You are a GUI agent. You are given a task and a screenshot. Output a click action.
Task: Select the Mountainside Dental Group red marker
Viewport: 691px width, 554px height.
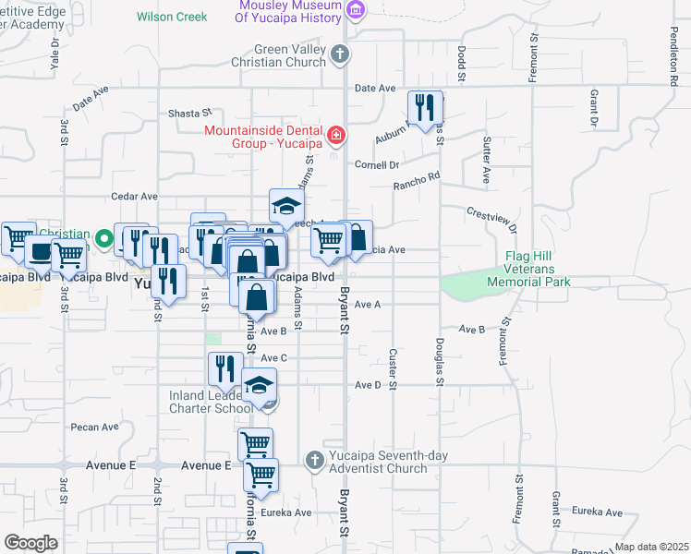click(x=335, y=138)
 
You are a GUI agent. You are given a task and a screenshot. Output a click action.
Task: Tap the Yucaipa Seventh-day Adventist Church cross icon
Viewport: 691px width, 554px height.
click(x=314, y=459)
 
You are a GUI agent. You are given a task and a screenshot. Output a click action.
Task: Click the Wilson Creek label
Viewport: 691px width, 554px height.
click(x=172, y=17)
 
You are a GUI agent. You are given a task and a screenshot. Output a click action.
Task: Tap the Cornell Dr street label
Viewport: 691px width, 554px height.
click(x=377, y=165)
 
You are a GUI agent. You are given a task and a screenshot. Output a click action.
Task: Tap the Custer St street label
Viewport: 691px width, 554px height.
click(x=393, y=367)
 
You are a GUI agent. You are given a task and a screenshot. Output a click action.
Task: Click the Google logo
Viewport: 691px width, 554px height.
click(x=30, y=543)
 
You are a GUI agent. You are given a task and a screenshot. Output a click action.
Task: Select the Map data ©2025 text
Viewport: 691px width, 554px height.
click(x=651, y=547)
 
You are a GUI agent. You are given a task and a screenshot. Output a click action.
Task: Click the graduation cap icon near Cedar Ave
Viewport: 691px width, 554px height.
click(x=286, y=206)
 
